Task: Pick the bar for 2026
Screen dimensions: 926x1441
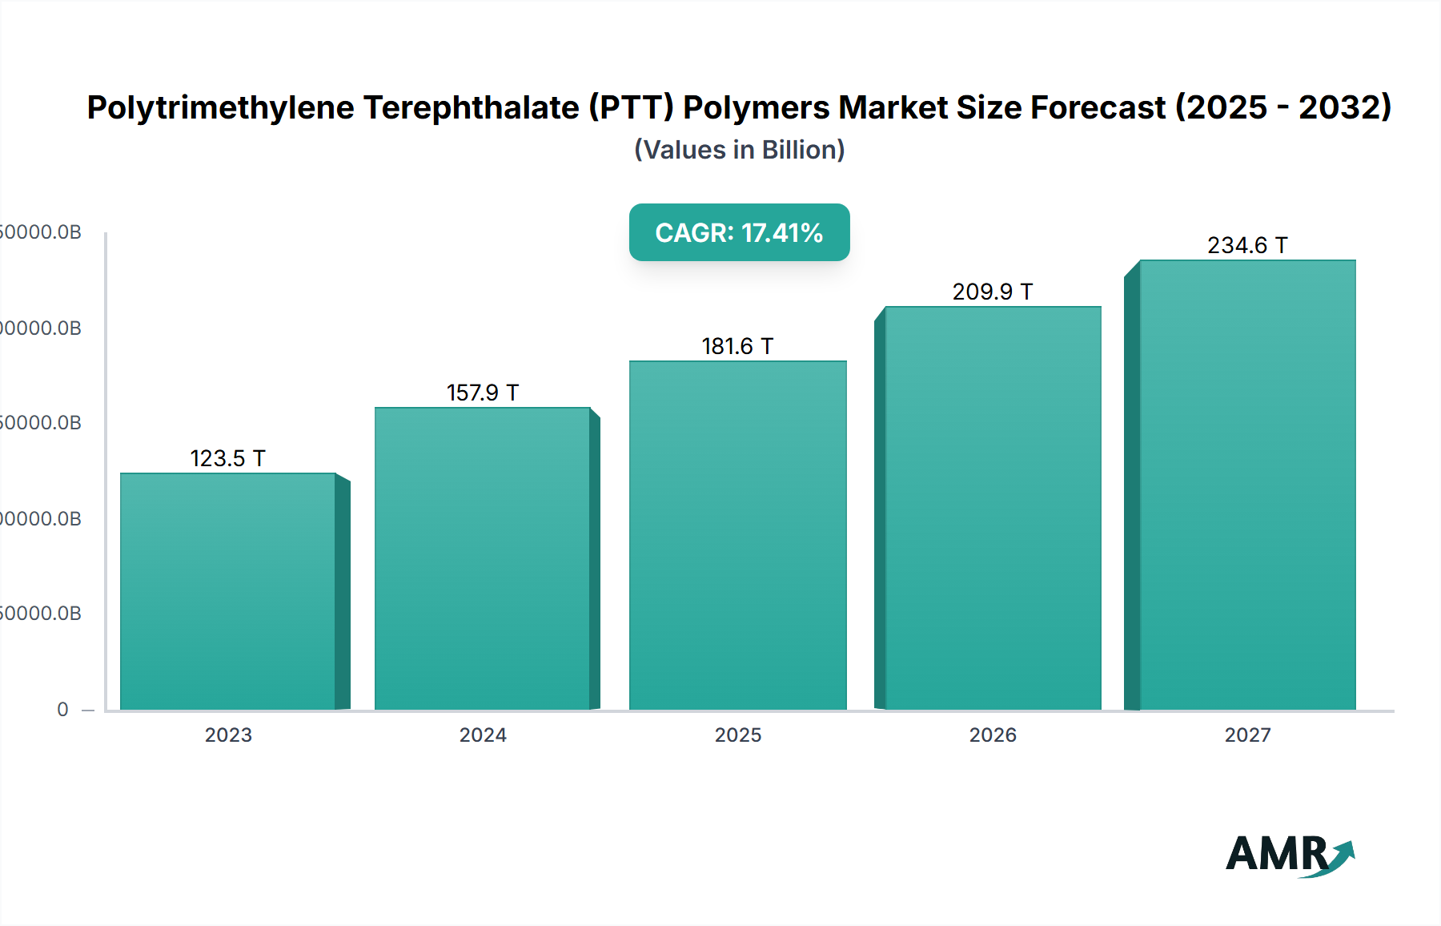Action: pyautogui.click(x=993, y=508)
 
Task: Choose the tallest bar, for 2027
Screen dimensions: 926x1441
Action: pyautogui.click(x=1247, y=485)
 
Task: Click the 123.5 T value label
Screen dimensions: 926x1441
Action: pyautogui.click(x=228, y=458)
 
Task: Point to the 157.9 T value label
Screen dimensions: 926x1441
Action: pyautogui.click(x=483, y=393)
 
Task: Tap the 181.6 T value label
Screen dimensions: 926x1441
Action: pyautogui.click(x=737, y=346)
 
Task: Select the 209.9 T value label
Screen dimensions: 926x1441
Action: pyautogui.click(x=993, y=292)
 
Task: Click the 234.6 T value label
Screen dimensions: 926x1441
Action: pyautogui.click(x=1247, y=245)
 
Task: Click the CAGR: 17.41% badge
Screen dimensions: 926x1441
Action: pyautogui.click(x=739, y=232)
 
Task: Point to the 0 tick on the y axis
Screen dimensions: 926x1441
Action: pyautogui.click(x=62, y=710)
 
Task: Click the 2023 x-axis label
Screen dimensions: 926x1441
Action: pyautogui.click(x=228, y=735)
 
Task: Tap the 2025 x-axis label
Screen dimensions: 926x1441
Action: pyautogui.click(x=738, y=735)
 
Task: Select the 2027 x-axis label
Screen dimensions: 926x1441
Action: pyautogui.click(x=1247, y=735)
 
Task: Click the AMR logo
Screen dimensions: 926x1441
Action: pyautogui.click(x=1289, y=854)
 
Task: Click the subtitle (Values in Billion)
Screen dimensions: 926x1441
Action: pyautogui.click(x=739, y=150)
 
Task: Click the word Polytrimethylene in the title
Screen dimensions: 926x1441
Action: pyautogui.click(x=220, y=107)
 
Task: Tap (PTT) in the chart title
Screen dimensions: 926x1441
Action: pyautogui.click(x=632, y=107)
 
